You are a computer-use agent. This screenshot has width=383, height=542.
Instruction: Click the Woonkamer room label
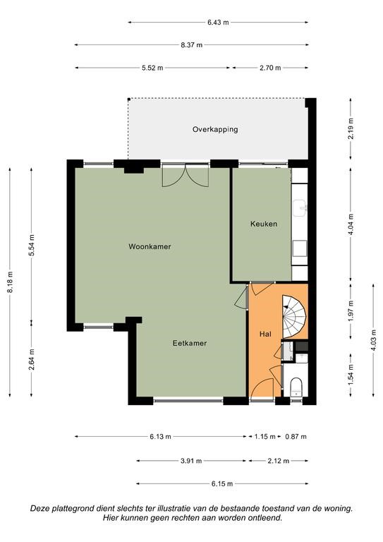pos(150,246)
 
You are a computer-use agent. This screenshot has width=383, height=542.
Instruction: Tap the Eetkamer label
pos(190,343)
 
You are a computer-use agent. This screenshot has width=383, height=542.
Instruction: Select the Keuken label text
pos(264,224)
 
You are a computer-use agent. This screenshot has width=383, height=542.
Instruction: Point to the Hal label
pos(265,334)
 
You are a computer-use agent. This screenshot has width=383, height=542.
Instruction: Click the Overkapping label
pos(215,129)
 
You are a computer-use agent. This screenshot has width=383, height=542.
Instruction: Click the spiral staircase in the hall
pos(294,317)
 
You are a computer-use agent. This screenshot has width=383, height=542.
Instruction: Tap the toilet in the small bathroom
pos(296,387)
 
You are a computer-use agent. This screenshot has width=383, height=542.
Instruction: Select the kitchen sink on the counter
pos(300,208)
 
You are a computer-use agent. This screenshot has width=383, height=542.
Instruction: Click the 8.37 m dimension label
pos(192,45)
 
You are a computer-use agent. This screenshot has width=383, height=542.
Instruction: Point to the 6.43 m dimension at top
pos(218,23)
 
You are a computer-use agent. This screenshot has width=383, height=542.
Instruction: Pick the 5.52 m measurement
pos(152,68)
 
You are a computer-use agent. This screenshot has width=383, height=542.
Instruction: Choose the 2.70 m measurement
pos(270,68)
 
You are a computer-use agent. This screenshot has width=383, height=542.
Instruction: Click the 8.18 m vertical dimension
pos(10,282)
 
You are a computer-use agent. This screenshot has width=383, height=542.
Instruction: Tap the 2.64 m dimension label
pos(32,359)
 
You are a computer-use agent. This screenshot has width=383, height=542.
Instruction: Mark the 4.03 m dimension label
pos(373,340)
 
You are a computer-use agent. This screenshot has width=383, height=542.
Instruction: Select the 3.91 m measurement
pos(191,461)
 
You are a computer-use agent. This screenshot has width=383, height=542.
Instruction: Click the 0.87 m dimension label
pos(296,437)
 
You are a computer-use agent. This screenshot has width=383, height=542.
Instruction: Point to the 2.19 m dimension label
pos(351,128)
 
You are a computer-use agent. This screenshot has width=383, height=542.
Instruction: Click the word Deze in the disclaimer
pos(38,508)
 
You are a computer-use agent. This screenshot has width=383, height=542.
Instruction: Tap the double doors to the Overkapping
pos(186,175)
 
